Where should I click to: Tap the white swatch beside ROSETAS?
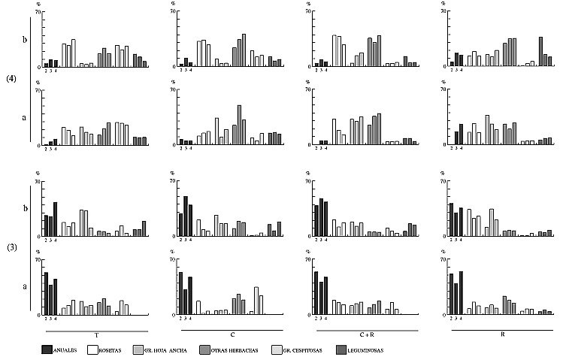[x=94, y=349]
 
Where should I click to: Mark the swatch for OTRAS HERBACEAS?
[x=205, y=349]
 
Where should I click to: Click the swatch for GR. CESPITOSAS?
[x=274, y=349]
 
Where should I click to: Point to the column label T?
[x=96, y=334]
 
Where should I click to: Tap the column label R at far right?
[x=502, y=334]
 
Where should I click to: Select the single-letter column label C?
[x=232, y=334]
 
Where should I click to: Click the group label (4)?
[x=11, y=78]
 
